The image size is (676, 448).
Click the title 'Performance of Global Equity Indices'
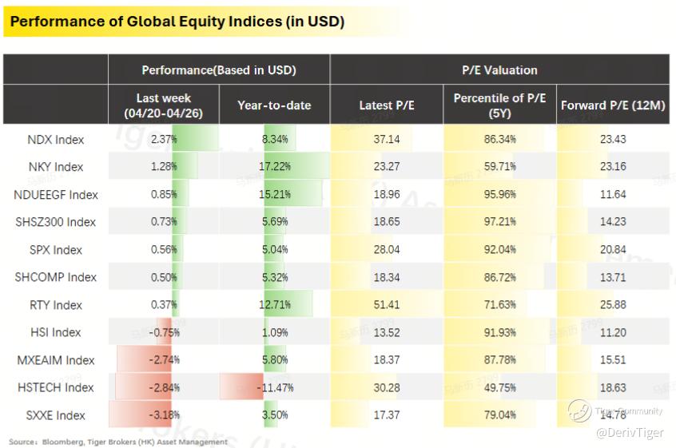[x=146, y=21]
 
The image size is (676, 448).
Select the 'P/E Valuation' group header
[x=499, y=70]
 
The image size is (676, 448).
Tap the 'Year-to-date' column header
[x=274, y=105]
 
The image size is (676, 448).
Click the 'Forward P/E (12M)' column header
[x=613, y=105]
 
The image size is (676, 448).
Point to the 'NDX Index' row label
[x=56, y=140]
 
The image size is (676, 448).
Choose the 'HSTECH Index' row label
[x=56, y=387]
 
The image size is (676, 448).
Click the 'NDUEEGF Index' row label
[x=56, y=195]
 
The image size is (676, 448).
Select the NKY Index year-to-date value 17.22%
[x=275, y=166]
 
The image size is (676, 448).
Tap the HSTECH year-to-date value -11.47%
[x=275, y=387]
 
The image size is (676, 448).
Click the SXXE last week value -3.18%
[x=165, y=415]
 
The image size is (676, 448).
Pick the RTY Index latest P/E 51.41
[x=387, y=305]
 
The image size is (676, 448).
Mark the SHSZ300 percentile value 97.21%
[x=499, y=222]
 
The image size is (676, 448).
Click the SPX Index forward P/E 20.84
[x=613, y=249]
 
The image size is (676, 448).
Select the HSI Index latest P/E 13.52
[x=387, y=332]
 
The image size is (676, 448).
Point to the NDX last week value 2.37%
[x=164, y=139]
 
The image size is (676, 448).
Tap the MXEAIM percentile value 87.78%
[x=499, y=359]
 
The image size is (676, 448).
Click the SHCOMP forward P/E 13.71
[x=613, y=277]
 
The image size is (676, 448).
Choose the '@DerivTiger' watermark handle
[x=630, y=432]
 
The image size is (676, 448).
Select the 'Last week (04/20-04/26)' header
[x=163, y=105]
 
